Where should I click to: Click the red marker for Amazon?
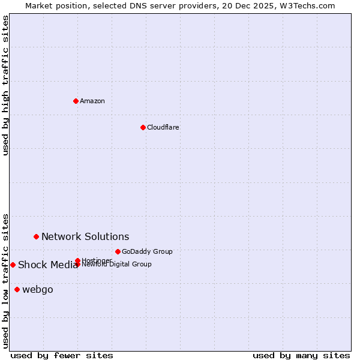pos(76,101)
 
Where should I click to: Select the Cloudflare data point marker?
pos(143,127)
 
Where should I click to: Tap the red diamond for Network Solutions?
pos(36,236)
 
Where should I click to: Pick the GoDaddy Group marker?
pos(118,251)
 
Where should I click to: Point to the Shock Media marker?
pos(13,265)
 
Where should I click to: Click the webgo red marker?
pos(17,289)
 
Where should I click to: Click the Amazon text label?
pos(92,101)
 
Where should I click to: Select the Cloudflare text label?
pos(163,127)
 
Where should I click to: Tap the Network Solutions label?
pos(85,236)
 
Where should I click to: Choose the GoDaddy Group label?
pos(147,251)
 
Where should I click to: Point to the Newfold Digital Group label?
pos(116,265)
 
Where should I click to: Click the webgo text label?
pos(38,290)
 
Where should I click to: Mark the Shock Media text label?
pos(48,265)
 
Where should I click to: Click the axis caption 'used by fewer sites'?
pos(62,355)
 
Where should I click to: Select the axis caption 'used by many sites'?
pos(301,355)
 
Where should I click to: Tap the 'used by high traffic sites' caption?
pos(5,85)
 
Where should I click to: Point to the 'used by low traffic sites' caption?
pos(5,280)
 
